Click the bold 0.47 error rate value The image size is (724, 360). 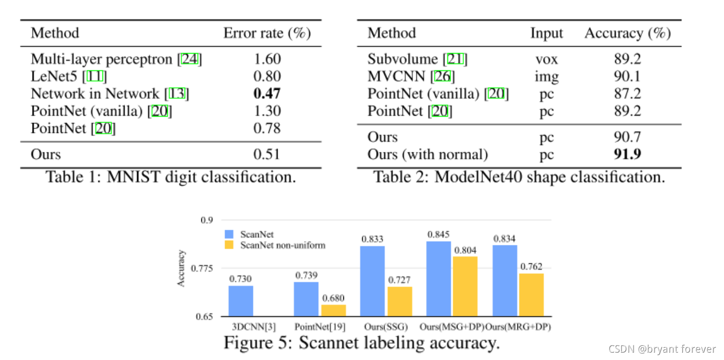tap(267, 94)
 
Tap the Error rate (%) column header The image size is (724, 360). tap(267, 33)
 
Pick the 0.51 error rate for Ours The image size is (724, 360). tap(267, 154)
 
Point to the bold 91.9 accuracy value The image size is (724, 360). tap(627, 154)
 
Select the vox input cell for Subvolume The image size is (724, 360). tap(546, 59)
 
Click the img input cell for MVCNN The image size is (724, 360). tap(546, 76)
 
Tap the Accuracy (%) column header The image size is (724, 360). tap(627, 33)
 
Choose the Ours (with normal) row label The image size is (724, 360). tap(427, 154)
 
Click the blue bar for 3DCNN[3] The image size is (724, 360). tap(241, 301)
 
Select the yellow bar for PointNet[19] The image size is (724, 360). tap(334, 311)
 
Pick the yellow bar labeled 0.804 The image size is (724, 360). tap(466, 286)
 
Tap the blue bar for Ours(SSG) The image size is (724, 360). tap(373, 281)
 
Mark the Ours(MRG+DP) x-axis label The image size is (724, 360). tap(518, 326)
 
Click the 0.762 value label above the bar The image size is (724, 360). tap(531, 266)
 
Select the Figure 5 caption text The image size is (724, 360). tap(361, 343)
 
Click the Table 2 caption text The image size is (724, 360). tap(519, 177)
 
